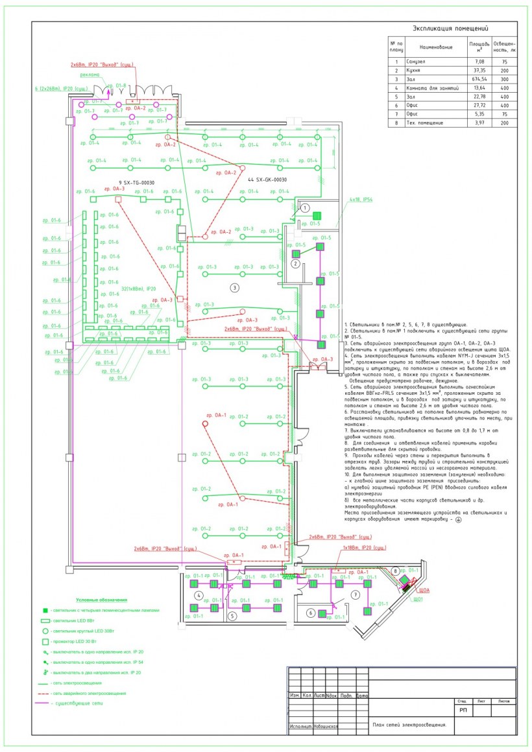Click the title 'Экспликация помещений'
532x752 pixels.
point(450,28)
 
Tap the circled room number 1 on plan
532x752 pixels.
point(304,208)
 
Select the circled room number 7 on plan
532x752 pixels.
point(355,594)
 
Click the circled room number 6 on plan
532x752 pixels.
point(311,613)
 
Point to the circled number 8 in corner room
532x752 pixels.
point(395,570)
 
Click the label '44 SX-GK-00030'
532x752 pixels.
point(267,179)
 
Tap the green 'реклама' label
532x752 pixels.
point(91,75)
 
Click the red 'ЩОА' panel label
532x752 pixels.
point(426,591)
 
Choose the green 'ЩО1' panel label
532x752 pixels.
point(418,600)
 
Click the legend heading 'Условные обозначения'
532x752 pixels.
point(101,600)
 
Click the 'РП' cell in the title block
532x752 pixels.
point(463,711)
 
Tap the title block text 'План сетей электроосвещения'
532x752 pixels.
point(409,725)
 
